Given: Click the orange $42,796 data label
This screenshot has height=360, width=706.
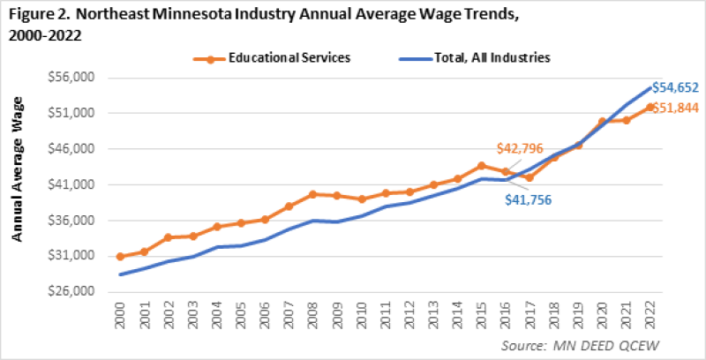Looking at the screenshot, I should pyautogui.click(x=518, y=148).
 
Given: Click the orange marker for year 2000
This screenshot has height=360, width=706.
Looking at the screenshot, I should pyautogui.click(x=120, y=256).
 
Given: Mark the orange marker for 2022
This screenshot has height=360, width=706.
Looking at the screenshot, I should pyautogui.click(x=650, y=107).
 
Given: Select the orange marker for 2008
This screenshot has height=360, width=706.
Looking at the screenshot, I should pyautogui.click(x=313, y=194).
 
